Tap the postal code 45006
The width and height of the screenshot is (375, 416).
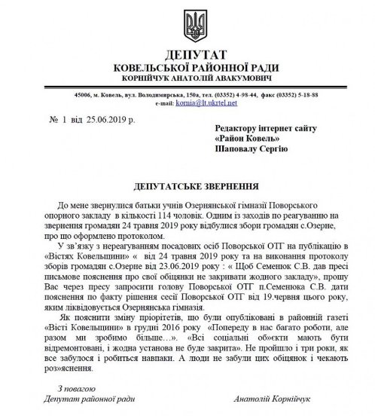pos(84,96)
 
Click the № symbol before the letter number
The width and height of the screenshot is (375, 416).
pos(52,120)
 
